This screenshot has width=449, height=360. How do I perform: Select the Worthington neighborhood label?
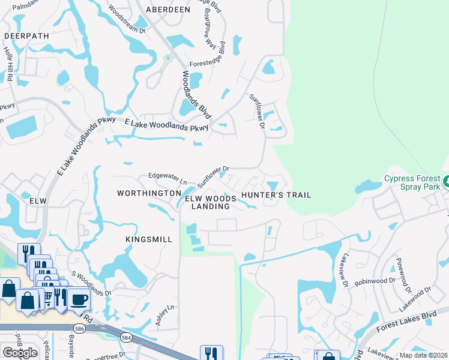pyautogui.click(x=149, y=193)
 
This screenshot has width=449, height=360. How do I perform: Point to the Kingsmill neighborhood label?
pyautogui.click(x=149, y=239)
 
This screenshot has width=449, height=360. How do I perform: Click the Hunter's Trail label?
pyautogui.click(x=276, y=195)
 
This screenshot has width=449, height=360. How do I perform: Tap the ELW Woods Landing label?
pyautogui.click(x=207, y=202)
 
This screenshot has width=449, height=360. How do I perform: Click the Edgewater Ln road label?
pyautogui.click(x=168, y=178)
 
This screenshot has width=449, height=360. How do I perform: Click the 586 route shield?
pyautogui.click(x=79, y=328)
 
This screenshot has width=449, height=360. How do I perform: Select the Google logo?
pyautogui.click(x=20, y=353)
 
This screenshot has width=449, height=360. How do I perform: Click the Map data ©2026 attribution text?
pyautogui.click(x=424, y=355)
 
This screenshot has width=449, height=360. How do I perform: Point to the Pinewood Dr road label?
pyautogui.click(x=400, y=274)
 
